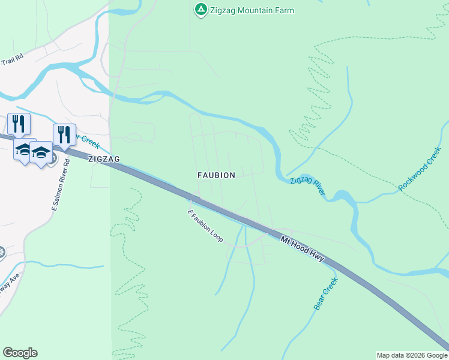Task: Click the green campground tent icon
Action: [200, 10]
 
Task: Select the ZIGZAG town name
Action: [104, 159]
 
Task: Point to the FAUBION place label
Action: [216, 175]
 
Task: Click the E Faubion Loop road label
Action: [206, 226]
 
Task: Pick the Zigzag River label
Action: [307, 187]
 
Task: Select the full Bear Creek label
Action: [326, 293]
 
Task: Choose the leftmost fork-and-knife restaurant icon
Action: [19, 124]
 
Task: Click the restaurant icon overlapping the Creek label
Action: [64, 134]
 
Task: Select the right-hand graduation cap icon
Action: [41, 152]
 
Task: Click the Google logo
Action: [20, 353]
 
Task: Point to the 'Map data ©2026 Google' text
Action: [412, 355]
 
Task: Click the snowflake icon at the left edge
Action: [2, 252]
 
